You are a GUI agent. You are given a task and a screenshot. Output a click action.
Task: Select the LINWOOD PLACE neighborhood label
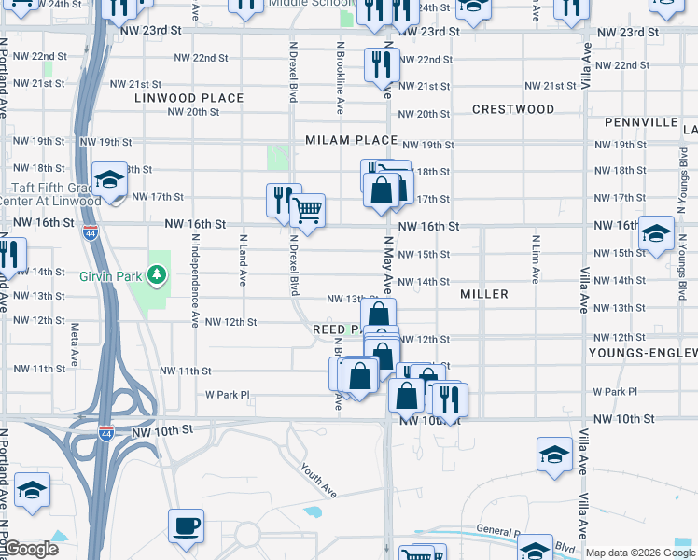(188, 98)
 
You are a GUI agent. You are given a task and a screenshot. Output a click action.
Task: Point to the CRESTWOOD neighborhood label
(513, 109)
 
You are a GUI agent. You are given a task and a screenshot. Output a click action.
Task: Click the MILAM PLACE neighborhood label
(351, 141)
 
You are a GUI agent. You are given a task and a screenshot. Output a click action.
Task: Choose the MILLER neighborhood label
(484, 294)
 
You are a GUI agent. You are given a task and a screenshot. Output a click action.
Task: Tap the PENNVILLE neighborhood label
(640, 122)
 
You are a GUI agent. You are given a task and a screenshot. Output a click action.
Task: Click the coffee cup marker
(186, 525)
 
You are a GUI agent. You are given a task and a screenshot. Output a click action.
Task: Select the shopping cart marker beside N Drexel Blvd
(307, 211)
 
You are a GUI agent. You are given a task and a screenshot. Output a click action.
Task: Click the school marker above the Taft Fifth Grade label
(109, 179)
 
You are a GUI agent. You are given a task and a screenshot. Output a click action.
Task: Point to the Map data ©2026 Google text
(639, 553)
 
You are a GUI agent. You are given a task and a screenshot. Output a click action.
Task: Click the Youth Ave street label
(318, 480)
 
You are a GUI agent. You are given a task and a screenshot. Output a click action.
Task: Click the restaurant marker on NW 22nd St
(382, 63)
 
